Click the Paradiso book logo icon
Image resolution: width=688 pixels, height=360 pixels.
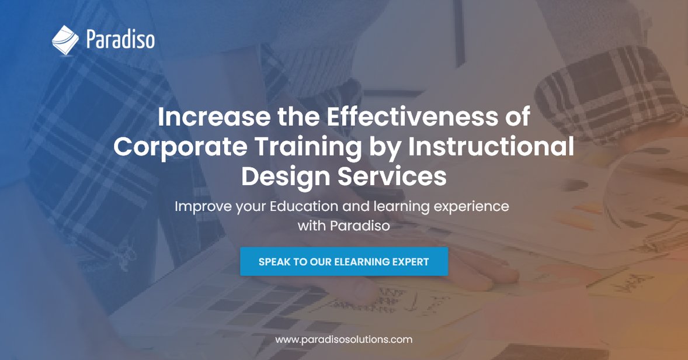coord(65,39)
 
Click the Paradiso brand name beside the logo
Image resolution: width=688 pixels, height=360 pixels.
coord(120,40)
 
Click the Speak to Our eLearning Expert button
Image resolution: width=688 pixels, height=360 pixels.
coord(344,261)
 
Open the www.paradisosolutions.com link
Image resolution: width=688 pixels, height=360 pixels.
coord(344,339)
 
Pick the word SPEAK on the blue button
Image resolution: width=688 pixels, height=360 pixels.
coord(274,262)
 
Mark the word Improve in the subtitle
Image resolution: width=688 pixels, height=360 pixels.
coord(200,206)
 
